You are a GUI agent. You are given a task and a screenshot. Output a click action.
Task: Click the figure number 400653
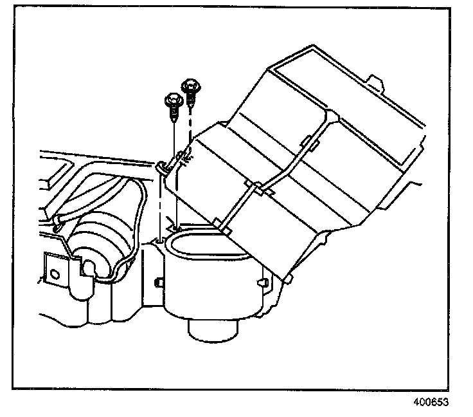pyautogui.click(x=429, y=402)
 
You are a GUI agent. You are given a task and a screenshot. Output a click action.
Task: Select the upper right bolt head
pyautogui.click(x=190, y=85)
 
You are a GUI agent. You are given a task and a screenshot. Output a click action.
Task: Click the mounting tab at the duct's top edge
pyautogui.click(x=376, y=82)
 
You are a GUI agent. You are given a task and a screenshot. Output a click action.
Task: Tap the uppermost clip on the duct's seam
pyautogui.click(x=307, y=142)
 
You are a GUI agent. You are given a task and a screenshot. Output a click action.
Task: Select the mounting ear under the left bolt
pyautogui.click(x=162, y=169)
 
